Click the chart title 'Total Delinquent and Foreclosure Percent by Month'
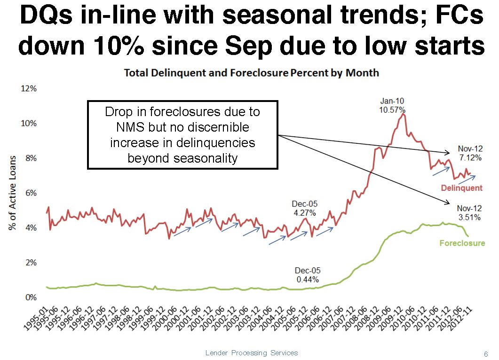[251, 73]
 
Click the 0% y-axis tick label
[31, 297]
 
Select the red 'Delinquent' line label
[461, 188]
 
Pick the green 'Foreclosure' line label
[461, 243]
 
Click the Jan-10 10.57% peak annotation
[392, 105]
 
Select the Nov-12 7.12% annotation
[470, 154]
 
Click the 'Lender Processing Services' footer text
[252, 352]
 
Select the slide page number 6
[486, 354]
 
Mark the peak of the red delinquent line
[403, 114]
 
